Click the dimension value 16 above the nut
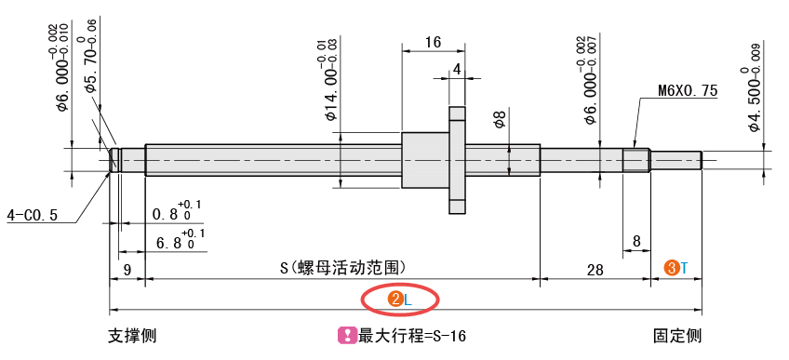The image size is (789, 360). point(432,42)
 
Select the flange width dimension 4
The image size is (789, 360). point(457,69)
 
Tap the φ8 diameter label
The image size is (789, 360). point(500,119)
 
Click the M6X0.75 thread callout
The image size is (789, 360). point(688,90)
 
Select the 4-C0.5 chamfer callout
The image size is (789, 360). point(33,215)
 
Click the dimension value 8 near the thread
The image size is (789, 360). point(636,242)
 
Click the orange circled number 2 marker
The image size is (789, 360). point(395,299)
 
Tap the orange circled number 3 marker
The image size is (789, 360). point(670,268)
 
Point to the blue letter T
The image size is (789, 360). point(684,268)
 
